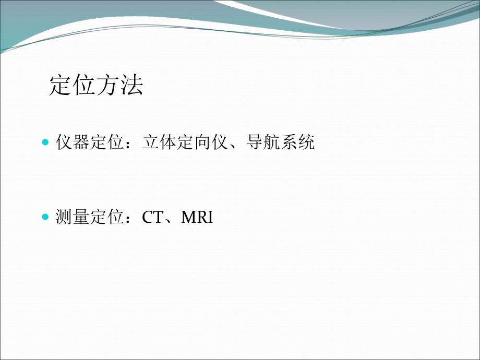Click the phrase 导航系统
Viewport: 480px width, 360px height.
click(x=280, y=142)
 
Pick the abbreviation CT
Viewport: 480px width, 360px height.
click(x=152, y=218)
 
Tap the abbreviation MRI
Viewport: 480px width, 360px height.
click(x=197, y=218)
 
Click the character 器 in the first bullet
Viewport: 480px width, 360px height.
click(x=81, y=142)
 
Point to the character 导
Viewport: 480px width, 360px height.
click(x=254, y=142)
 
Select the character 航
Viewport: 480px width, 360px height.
click(x=271, y=142)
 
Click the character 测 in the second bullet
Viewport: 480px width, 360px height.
click(x=64, y=218)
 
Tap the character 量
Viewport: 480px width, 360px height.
click(x=81, y=218)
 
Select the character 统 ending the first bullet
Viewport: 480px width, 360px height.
click(x=306, y=142)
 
